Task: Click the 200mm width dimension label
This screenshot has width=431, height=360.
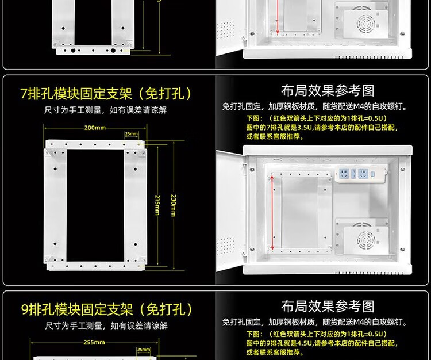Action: pos(95,128)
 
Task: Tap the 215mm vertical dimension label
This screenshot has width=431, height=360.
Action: pos(157,205)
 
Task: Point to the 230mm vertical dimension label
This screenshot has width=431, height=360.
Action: pos(174,205)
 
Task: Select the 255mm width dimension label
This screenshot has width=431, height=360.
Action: pos(94,342)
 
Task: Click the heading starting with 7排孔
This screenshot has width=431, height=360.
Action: pos(106,94)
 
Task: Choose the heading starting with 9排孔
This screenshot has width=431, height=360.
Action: pos(107,309)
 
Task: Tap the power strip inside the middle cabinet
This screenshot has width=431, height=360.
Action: pos(361,174)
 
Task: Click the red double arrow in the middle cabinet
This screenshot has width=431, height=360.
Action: pos(272,213)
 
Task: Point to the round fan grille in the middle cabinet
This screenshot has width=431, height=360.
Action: pos(366,240)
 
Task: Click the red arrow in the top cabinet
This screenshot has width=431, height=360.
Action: pos(278,17)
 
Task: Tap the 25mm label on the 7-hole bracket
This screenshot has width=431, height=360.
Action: pos(132,134)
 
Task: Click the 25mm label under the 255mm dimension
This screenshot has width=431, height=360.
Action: pos(144,350)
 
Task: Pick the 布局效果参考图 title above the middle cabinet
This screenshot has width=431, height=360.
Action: pos(328,91)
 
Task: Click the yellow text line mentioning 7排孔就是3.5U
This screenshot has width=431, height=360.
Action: pos(322,127)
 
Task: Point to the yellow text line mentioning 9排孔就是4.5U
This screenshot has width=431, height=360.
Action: pos(322,343)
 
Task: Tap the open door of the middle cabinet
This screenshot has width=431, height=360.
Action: pos(230,211)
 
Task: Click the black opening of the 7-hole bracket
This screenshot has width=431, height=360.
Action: pos(95,205)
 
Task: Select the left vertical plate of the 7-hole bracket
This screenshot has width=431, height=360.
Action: pos(55,205)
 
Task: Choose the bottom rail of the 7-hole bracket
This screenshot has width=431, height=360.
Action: pos(95,266)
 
